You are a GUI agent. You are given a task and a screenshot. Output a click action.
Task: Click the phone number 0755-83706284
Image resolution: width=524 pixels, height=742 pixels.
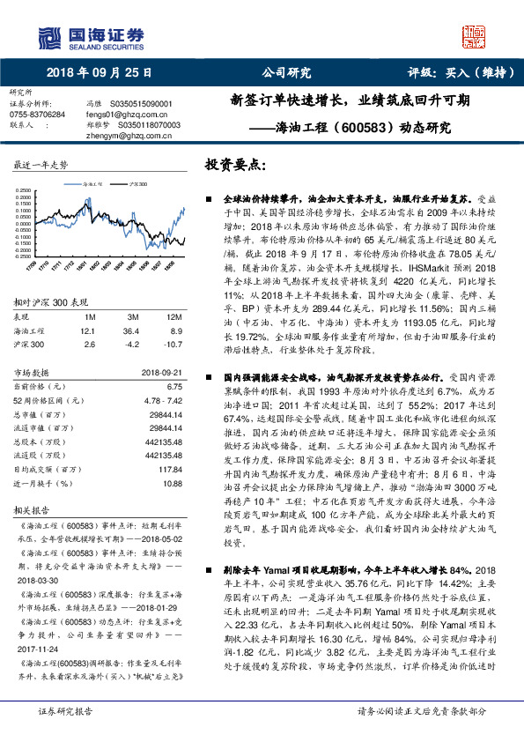click(36, 115)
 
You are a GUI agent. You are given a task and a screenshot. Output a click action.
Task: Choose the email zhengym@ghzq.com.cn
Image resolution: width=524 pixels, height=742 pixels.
click(122, 135)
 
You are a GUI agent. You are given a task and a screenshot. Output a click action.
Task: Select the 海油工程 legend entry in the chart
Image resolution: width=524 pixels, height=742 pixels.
click(92, 184)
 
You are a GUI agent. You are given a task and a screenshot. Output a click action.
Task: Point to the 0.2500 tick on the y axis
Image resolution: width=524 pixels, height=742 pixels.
click(24, 190)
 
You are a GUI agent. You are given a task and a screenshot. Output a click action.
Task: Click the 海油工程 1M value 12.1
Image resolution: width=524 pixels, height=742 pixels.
click(85, 330)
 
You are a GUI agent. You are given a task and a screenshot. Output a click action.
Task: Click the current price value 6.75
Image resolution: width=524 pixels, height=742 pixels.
click(173, 386)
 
